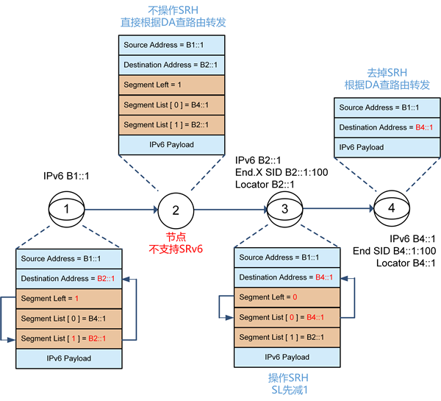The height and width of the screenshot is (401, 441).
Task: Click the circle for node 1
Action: [67, 209]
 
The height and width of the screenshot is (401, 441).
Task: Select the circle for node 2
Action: [176, 210]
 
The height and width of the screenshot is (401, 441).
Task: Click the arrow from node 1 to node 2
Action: [121, 210]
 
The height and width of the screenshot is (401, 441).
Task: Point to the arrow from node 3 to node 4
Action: [338, 209]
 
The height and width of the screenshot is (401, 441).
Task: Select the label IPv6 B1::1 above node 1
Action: [67, 177]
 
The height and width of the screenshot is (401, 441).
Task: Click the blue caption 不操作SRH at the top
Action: [173, 11]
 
